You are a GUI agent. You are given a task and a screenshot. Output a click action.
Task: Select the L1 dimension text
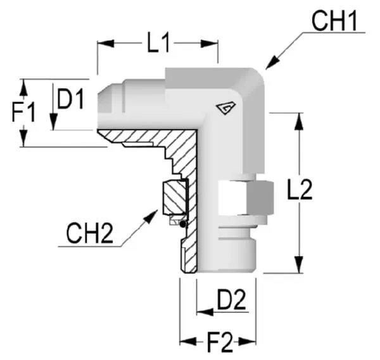tap(159, 44)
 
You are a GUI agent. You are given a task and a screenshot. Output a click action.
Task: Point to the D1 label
tap(71, 99)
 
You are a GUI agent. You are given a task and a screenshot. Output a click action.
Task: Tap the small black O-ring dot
tap(183, 223)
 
